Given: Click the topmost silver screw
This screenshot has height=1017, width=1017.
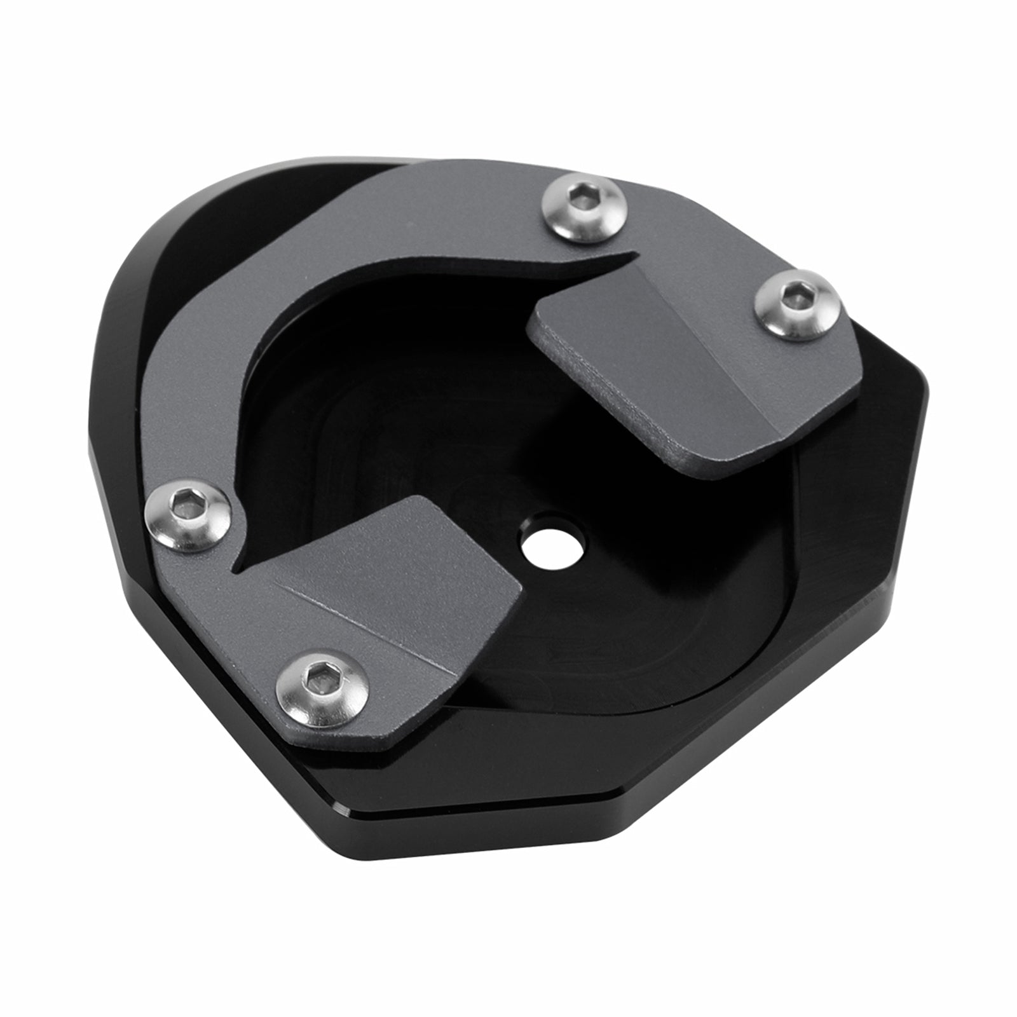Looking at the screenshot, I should tap(583, 208).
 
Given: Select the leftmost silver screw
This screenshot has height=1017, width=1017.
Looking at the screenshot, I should tap(188, 515).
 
